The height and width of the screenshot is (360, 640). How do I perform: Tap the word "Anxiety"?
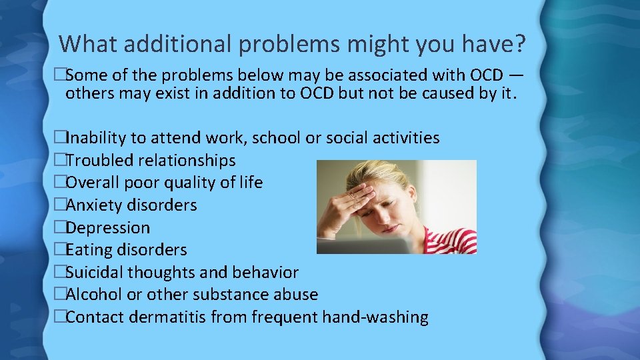pyautogui.click(x=95, y=205)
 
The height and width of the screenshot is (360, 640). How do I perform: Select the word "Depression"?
pyautogui.click(x=108, y=227)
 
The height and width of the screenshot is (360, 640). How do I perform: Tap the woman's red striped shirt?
pyautogui.click(x=453, y=240)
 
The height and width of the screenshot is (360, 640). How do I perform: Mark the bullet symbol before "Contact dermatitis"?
pyautogui.click(x=60, y=317)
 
